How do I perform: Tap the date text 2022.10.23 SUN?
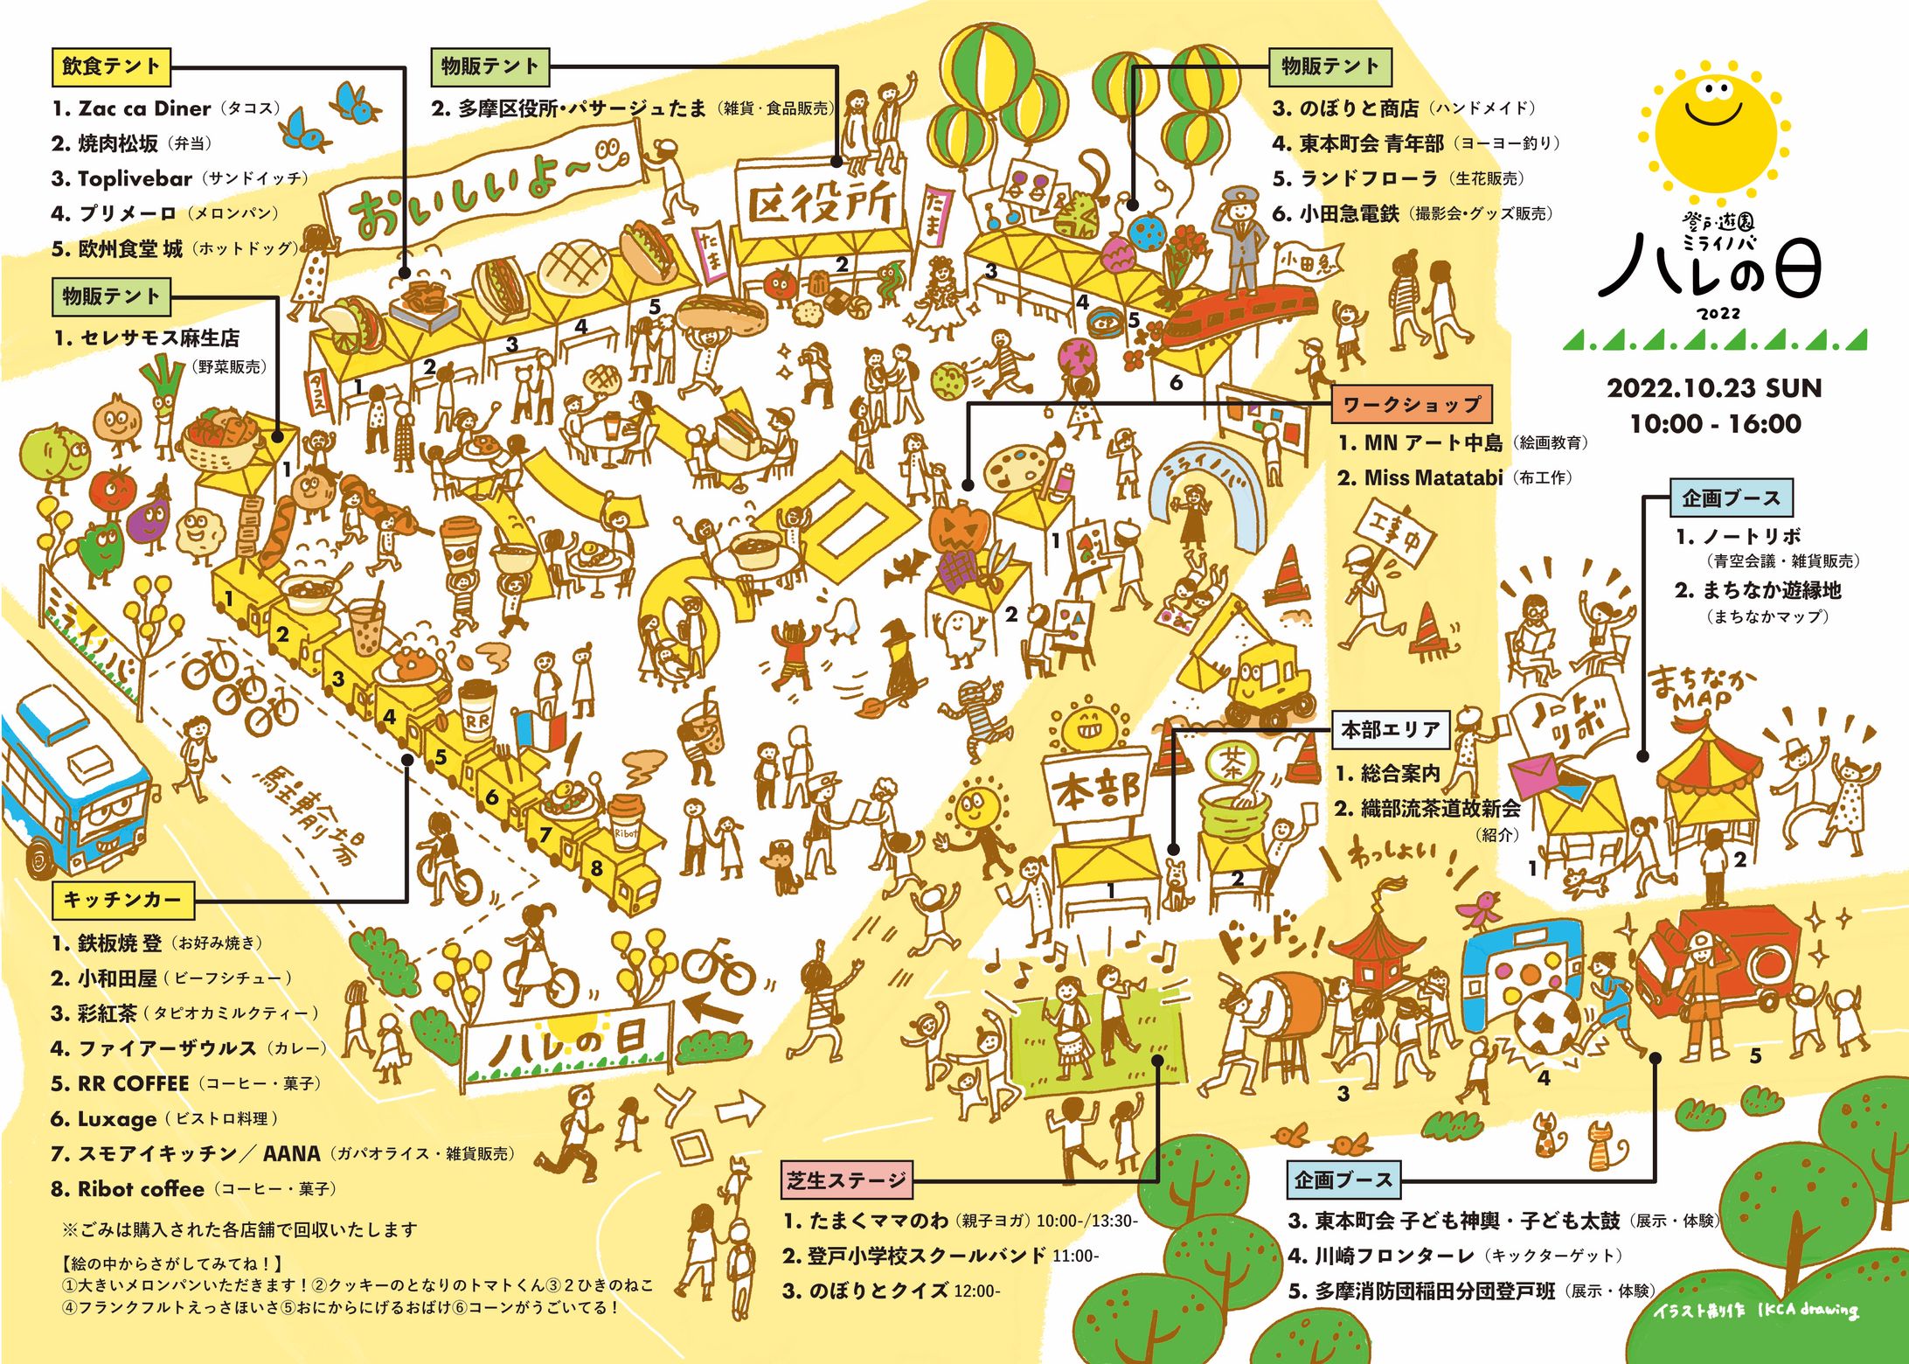click(x=1714, y=388)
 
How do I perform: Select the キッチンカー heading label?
click(x=121, y=900)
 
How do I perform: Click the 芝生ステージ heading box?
click(x=846, y=1180)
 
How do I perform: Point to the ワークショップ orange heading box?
click(x=1412, y=404)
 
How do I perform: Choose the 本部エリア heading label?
click(x=1390, y=729)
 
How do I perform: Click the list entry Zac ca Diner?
click(x=144, y=108)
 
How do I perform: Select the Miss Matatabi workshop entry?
click(x=1433, y=477)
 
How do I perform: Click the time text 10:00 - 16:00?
click(x=1714, y=424)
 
